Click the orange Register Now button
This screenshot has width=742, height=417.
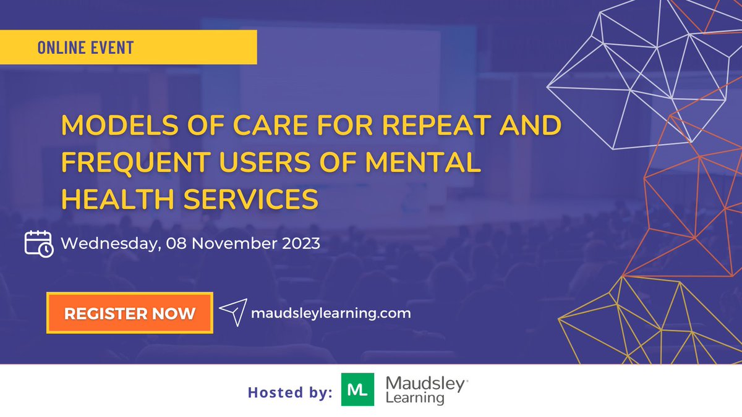tap(129, 313)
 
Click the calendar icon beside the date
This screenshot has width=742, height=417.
tap(39, 243)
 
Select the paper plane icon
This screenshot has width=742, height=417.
tap(232, 313)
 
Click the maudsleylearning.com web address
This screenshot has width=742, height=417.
tap(331, 313)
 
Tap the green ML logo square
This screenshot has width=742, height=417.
tap(357, 389)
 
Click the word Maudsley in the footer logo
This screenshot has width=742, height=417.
tap(425, 384)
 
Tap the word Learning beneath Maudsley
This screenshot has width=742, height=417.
tap(415, 398)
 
